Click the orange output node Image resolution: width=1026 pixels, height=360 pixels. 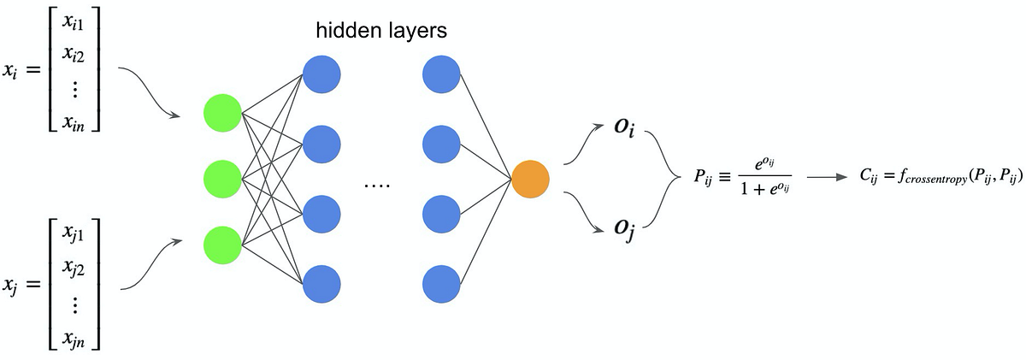(x=530, y=179)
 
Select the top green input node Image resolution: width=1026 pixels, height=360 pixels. (x=222, y=113)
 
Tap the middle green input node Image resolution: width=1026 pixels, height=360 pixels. (x=222, y=179)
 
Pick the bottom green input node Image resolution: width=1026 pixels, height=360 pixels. (x=222, y=245)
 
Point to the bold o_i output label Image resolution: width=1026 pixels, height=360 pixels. (x=625, y=127)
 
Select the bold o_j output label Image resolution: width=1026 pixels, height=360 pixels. (x=625, y=228)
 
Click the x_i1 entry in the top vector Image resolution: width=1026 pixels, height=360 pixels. (x=74, y=22)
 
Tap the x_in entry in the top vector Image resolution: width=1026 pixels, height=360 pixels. (x=74, y=123)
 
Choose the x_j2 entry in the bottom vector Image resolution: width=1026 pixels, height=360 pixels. (x=74, y=268)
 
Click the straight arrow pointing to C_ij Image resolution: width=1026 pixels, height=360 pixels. (x=828, y=177)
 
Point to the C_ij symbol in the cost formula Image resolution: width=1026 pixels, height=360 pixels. (x=869, y=177)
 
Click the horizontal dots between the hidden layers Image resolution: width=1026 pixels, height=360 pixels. (x=377, y=186)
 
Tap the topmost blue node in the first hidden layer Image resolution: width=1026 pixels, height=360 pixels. (x=321, y=74)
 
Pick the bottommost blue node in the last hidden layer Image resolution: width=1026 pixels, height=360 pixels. (x=441, y=284)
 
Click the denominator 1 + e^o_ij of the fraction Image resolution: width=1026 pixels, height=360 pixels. (x=764, y=188)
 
